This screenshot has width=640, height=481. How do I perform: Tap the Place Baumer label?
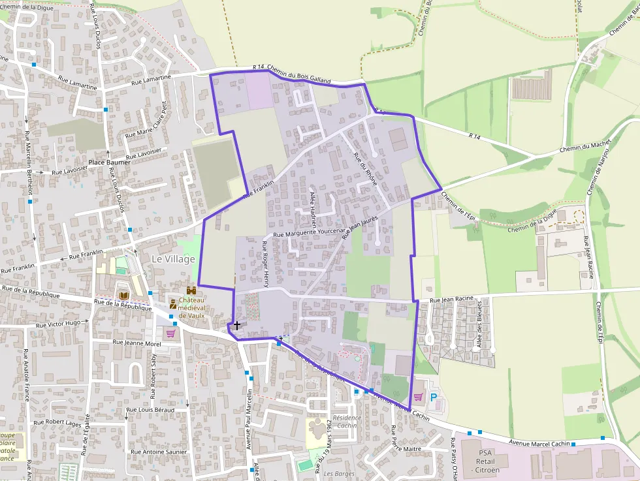(x=110, y=162)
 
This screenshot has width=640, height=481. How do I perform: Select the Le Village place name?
(x=173, y=259)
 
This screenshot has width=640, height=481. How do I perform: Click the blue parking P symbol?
(x=433, y=396)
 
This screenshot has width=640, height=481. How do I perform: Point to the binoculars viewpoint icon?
(x=192, y=291)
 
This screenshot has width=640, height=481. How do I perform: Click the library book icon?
(x=122, y=297)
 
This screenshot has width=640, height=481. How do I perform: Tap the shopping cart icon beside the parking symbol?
(x=418, y=396)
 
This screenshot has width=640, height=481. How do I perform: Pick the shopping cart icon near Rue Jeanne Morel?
(x=170, y=333)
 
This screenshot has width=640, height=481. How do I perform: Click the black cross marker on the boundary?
(x=236, y=324)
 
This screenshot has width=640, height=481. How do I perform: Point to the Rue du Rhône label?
(x=365, y=169)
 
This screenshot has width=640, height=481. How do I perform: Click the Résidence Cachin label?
(x=347, y=421)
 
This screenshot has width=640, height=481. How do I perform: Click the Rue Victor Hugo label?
(x=58, y=324)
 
